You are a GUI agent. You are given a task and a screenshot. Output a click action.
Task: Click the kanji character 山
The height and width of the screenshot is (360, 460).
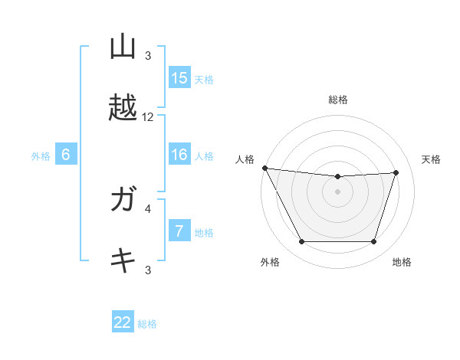123,47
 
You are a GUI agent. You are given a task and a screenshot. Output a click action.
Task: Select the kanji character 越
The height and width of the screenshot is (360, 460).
123,108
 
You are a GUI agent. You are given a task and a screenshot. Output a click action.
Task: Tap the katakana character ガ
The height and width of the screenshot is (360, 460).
123,200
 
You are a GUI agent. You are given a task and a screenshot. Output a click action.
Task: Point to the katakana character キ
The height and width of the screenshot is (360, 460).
123,260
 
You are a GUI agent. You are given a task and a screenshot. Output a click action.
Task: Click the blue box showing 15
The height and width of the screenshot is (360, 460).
179,78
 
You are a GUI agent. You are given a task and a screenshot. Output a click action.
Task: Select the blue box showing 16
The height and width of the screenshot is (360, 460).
179,155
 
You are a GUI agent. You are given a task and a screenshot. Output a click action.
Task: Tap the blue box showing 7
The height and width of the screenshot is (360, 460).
179,231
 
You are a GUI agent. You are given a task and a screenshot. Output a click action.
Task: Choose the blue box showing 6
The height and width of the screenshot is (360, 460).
66,155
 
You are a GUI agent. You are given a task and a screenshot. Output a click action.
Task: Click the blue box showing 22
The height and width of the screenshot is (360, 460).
123,322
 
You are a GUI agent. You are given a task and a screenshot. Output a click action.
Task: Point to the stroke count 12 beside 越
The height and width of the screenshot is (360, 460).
148,117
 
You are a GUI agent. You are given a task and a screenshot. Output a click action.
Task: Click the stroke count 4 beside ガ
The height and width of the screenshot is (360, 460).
148,208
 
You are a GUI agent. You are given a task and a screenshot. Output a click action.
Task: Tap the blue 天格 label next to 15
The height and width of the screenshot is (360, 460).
204,80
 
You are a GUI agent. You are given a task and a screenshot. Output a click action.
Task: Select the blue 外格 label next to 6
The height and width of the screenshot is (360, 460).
41,156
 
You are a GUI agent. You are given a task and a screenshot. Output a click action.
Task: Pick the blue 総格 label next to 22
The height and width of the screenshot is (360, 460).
147,324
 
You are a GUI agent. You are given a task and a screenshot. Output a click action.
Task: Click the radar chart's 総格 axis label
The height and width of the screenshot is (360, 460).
338,100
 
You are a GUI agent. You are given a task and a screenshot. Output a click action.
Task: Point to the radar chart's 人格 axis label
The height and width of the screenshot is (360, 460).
245,159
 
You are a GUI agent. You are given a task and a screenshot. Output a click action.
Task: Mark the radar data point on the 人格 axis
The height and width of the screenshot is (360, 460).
264,168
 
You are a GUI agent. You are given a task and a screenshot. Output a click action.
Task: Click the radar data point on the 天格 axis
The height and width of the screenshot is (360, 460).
396,172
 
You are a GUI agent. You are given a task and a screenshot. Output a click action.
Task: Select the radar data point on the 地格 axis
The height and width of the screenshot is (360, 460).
374,242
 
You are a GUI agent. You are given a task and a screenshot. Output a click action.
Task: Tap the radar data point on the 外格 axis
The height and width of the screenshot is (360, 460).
301,242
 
